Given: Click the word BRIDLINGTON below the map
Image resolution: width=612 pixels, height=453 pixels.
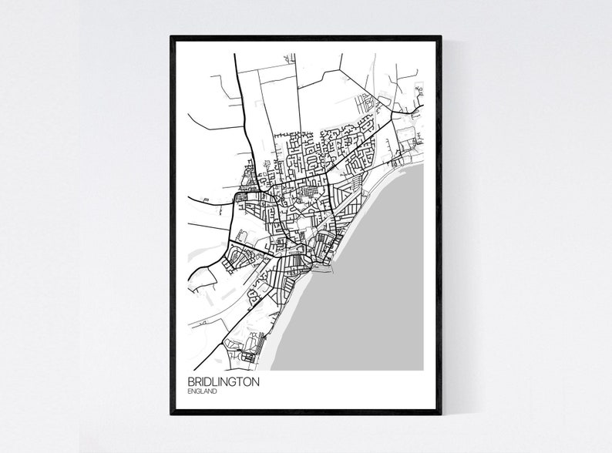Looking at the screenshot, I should tap(223, 381).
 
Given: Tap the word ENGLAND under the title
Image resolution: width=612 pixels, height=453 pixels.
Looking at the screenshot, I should tap(202, 392).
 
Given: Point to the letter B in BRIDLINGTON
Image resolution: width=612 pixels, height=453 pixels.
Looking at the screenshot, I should tap(190, 381).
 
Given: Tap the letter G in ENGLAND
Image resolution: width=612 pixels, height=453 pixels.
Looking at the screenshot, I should tap(198, 392).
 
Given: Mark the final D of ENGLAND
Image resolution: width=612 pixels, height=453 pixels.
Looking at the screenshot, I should tap(214, 392).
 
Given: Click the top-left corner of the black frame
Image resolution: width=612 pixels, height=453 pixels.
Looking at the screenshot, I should tap(171, 36).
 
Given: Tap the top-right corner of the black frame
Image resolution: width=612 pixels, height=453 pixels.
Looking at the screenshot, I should tap(441, 36).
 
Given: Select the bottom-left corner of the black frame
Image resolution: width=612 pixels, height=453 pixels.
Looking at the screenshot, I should tap(171, 414).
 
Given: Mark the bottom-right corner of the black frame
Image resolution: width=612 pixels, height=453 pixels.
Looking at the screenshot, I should tap(441, 414).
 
